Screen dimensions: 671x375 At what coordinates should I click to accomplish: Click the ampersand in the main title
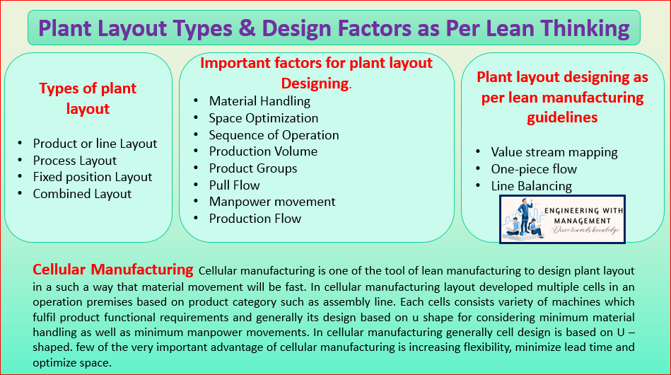pos(245,28)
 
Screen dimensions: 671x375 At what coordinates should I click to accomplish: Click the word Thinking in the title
pos(585,29)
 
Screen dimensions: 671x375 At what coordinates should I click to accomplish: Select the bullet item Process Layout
pos(74,161)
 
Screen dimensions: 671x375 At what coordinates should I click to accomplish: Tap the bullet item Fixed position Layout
pos(93,177)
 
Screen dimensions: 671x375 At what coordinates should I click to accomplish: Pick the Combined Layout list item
pos(82,194)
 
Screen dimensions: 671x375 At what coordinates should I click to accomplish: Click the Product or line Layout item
pos(95,144)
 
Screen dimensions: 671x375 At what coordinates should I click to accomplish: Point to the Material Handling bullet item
pos(259,101)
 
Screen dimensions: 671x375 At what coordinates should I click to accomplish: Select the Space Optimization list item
pos(263,118)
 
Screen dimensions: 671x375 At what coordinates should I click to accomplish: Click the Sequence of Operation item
pos(274,135)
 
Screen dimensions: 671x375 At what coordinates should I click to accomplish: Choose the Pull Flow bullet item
pos(234,185)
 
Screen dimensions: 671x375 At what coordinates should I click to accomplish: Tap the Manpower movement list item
pos(272,202)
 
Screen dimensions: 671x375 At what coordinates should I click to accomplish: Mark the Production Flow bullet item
pos(255,219)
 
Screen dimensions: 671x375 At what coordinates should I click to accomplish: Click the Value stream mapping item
pos(554,152)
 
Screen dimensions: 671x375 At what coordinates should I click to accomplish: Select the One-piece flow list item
pos(534,169)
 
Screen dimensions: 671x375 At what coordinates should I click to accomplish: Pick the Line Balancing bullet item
pos(531,186)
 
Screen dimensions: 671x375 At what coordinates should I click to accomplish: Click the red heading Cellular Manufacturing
pos(113,270)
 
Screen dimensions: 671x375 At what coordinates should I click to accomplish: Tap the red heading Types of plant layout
pos(88,98)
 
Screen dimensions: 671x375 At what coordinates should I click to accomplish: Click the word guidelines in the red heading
pos(562,117)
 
